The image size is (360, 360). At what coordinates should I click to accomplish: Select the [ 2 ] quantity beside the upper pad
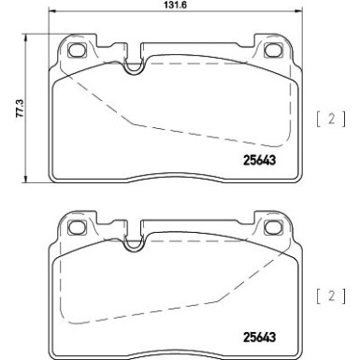click(333, 118)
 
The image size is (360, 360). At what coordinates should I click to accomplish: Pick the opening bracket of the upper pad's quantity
click(320, 118)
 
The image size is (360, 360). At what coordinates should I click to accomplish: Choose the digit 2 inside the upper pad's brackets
click(333, 118)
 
